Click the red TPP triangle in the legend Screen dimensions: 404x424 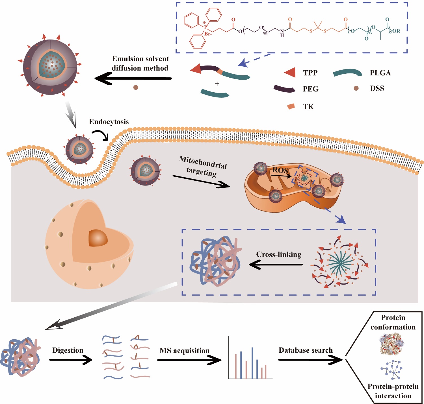[290, 73]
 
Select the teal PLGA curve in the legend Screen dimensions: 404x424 [347, 73]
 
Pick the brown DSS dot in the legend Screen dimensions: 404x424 [356, 88]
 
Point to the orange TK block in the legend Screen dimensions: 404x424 [291, 106]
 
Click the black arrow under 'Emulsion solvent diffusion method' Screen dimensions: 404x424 [133, 78]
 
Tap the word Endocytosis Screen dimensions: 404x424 [109, 122]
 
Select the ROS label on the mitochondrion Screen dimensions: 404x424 [280, 170]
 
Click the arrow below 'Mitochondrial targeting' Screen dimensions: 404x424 [201, 181]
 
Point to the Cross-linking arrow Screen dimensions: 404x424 [276, 265]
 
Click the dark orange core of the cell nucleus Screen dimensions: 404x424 [98, 238]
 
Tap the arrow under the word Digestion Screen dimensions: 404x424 [71, 360]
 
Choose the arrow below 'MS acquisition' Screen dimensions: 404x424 [189, 360]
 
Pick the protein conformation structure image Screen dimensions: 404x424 [393, 344]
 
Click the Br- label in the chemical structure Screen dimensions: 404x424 [208, 34]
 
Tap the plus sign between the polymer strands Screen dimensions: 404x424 [217, 84]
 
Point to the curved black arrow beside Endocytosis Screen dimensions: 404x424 [101, 135]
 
